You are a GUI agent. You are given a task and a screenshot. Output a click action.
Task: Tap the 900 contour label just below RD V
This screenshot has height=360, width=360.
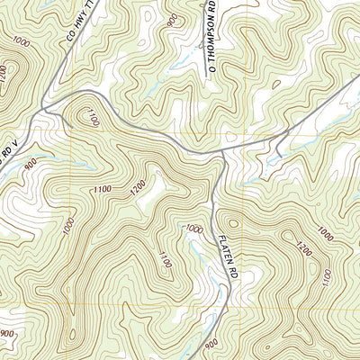tap(31, 167)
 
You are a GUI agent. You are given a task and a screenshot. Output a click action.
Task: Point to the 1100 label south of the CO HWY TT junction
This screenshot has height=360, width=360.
tap(89, 114)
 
